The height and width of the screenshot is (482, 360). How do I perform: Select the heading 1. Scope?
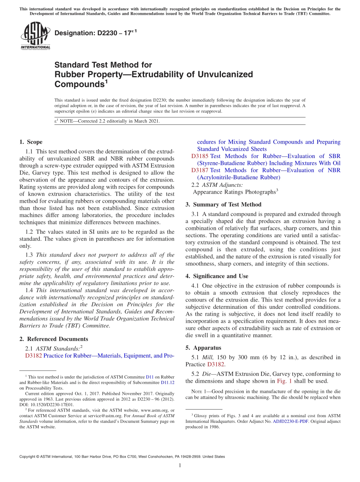[x=31, y=142]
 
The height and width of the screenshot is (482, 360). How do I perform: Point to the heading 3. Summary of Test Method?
[x=223, y=205]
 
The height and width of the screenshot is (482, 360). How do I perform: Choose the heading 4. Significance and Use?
[x=217, y=276]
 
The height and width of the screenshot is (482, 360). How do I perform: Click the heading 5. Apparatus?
[x=203, y=348]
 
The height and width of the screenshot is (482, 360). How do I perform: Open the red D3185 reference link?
[x=200, y=156]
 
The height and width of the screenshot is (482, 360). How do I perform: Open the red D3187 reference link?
[x=200, y=170]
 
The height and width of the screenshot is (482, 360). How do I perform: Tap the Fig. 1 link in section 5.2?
[x=283, y=381]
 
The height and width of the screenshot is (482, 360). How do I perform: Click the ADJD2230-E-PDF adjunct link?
[x=289, y=421]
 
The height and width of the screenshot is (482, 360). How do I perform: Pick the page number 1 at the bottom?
[x=180, y=466]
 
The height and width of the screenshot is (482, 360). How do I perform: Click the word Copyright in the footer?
[x=28, y=457]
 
